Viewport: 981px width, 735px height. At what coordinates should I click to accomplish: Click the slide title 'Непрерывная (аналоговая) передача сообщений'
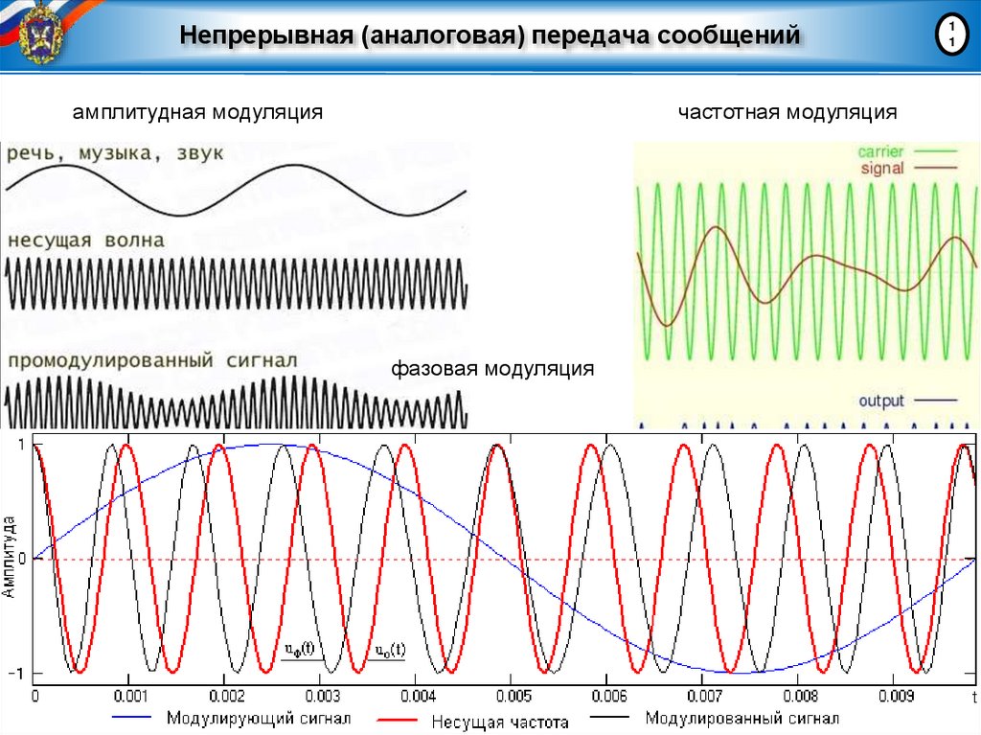(x=490, y=36)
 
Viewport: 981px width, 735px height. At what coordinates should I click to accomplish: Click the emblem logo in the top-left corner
(x=39, y=30)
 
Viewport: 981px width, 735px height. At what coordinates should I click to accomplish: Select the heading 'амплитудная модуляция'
(x=197, y=113)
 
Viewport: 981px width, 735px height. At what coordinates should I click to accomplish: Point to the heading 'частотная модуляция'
(x=787, y=113)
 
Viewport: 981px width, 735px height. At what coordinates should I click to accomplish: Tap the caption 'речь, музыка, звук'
(x=116, y=154)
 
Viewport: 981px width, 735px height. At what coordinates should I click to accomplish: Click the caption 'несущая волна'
(x=86, y=240)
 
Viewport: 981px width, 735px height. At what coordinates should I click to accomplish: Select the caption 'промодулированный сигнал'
(x=153, y=361)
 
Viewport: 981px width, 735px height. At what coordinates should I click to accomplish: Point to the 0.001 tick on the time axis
(x=129, y=697)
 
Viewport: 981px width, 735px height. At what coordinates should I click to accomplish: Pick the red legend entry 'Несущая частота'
(x=499, y=722)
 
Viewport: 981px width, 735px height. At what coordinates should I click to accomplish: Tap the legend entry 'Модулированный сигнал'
(x=742, y=718)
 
